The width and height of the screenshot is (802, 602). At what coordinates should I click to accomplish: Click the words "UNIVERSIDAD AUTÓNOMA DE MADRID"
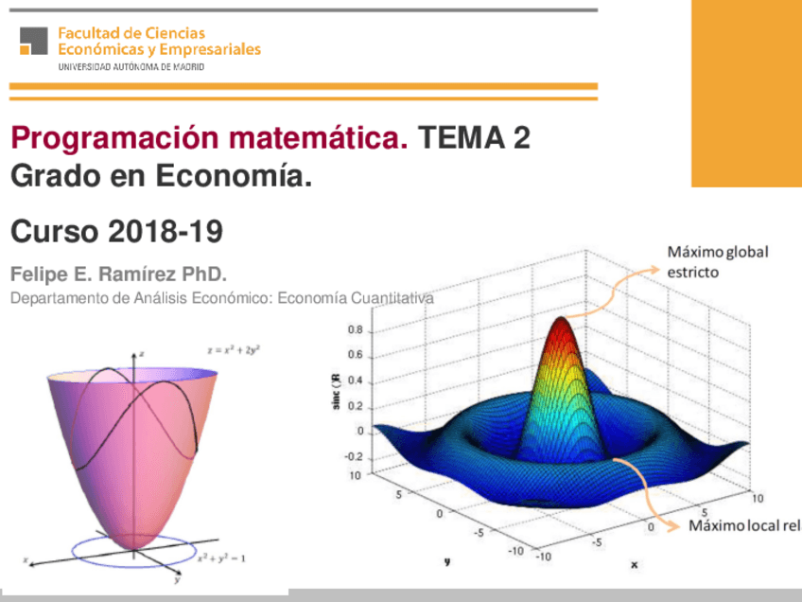pos(131,68)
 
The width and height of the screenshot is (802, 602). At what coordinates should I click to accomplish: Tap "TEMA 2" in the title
pos(475,140)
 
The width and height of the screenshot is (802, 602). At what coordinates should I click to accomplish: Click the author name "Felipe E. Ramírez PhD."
pos(118,274)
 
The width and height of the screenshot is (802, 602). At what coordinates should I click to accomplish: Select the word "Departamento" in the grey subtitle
pos(53,298)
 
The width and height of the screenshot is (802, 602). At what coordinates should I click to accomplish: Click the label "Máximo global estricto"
pos(717,262)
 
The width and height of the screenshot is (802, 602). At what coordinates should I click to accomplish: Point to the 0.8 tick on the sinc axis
pos(355,330)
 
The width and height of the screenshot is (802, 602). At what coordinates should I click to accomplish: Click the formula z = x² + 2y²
pos(234,349)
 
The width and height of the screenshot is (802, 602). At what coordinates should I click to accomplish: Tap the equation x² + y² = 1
pos(221,559)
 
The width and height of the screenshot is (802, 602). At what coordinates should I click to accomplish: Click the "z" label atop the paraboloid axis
pos(141,353)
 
